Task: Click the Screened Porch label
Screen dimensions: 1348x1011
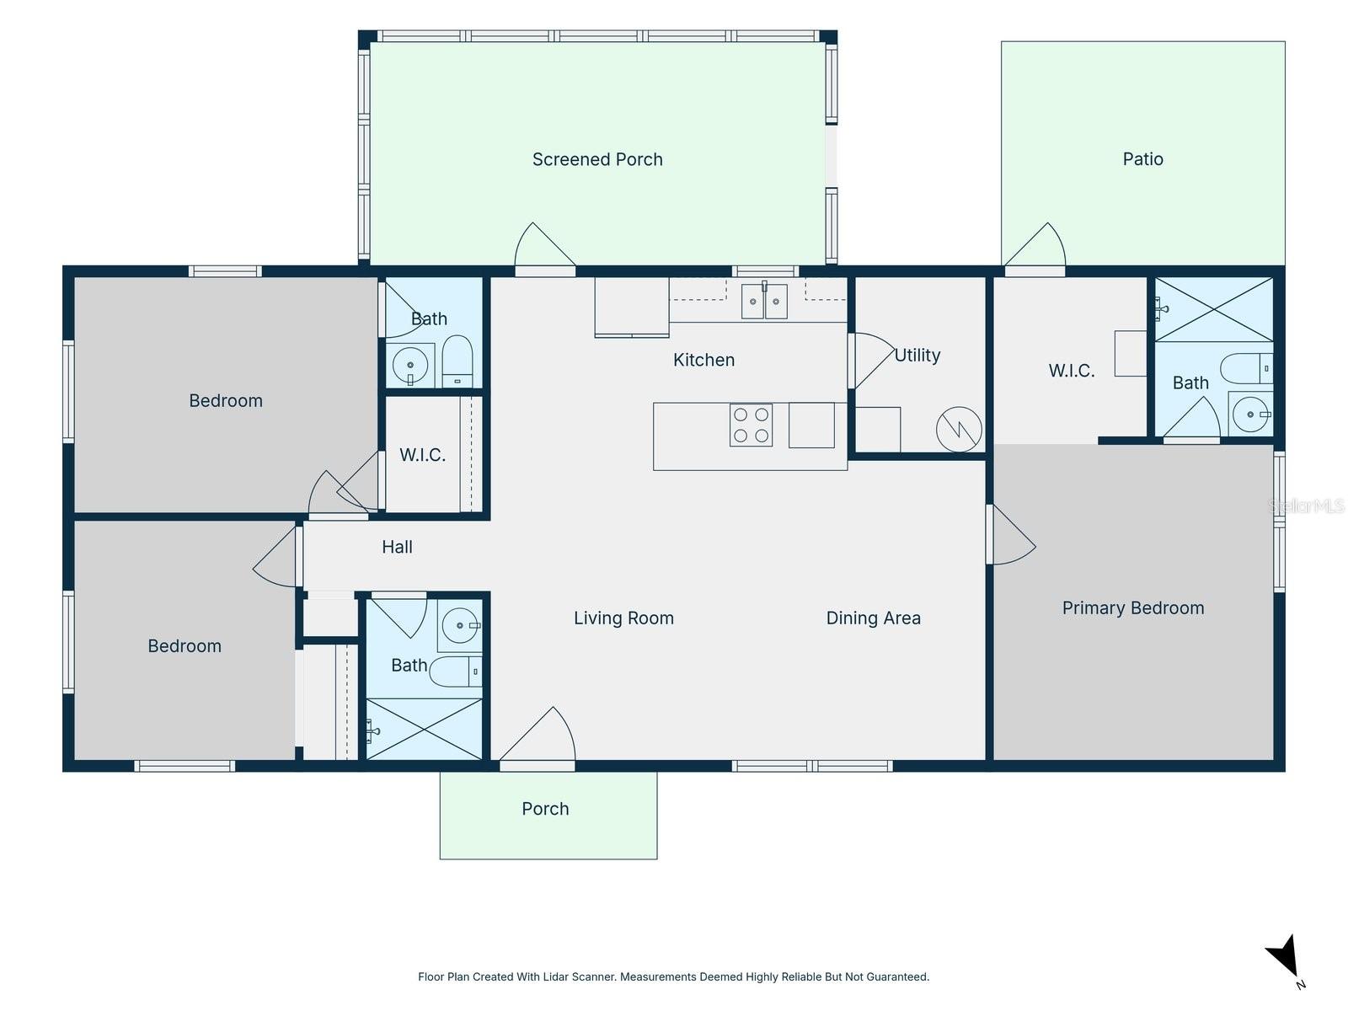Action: point(597,159)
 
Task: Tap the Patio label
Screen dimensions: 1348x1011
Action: point(1142,159)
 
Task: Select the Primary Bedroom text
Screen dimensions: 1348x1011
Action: point(1132,607)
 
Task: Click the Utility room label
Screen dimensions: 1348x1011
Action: point(917,356)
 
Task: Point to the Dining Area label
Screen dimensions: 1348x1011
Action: point(873,618)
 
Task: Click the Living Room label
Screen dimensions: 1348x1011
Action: point(623,618)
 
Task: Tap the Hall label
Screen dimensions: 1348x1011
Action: point(397,547)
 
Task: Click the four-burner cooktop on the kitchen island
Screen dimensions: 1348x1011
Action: point(751,425)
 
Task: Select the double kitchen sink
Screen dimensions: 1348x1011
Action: point(764,301)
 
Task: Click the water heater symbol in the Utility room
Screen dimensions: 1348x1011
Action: point(958,429)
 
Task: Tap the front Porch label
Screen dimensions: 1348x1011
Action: point(545,809)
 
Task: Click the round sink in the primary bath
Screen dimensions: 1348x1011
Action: point(1249,415)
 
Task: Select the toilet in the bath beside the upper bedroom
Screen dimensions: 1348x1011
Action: point(457,361)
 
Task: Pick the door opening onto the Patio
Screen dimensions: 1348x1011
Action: point(1035,249)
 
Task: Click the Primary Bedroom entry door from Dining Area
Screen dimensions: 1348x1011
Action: point(1010,534)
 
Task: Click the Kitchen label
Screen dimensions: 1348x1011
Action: point(703,360)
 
